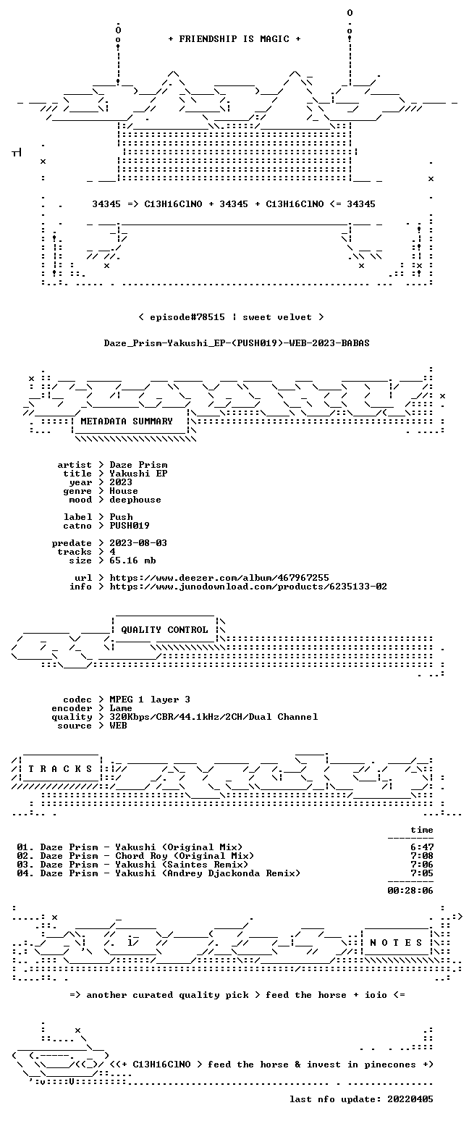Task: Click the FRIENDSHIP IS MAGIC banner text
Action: (234, 39)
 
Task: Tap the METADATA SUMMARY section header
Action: (127, 421)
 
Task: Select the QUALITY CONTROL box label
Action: (164, 630)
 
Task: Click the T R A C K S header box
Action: (61, 768)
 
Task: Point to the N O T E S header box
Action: (396, 943)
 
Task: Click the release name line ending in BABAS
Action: (237, 343)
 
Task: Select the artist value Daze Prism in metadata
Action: (138, 465)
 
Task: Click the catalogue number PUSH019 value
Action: (130, 526)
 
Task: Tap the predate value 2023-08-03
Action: (138, 543)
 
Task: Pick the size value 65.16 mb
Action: (132, 560)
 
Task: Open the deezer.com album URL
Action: (219, 578)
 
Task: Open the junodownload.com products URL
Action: (248, 587)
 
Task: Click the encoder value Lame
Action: (121, 709)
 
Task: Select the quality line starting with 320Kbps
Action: (214, 717)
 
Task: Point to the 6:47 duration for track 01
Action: (422, 847)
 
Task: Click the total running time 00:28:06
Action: (410, 891)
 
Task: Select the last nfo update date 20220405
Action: (410, 1099)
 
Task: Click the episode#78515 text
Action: (187, 317)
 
